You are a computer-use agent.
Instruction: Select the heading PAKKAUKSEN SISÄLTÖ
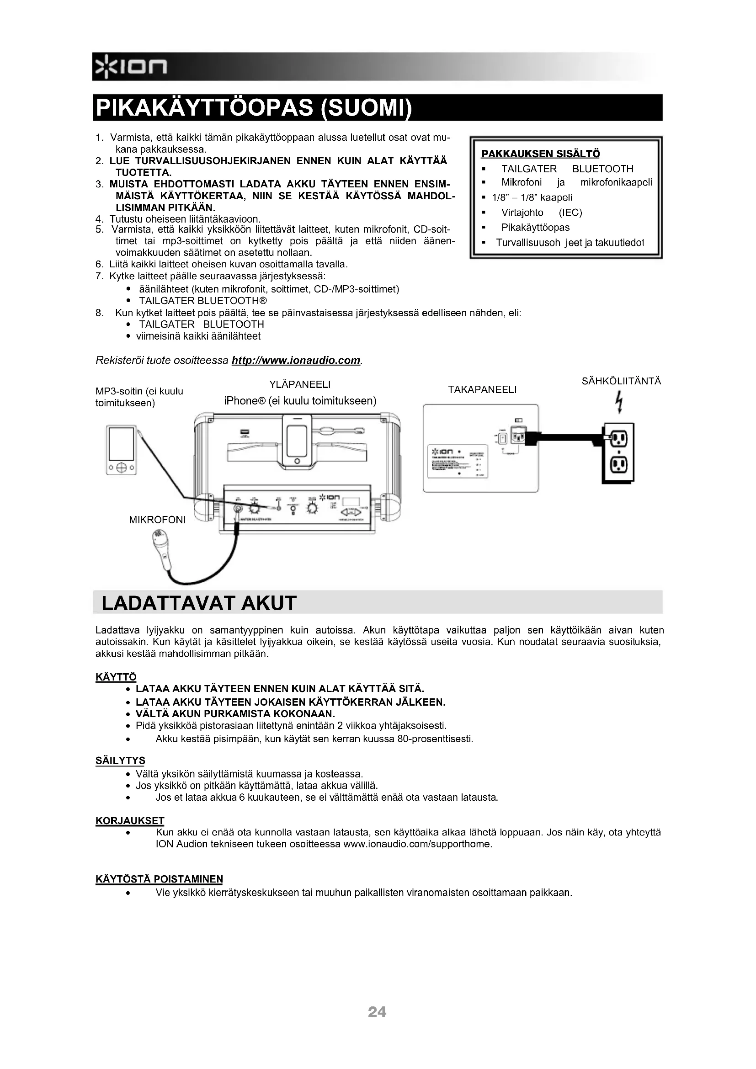(x=540, y=154)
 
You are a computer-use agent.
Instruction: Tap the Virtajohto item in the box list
(x=522, y=213)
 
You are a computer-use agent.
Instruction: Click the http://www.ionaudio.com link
(x=296, y=360)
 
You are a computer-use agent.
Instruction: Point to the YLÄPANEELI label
(x=300, y=384)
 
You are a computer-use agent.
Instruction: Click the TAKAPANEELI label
(x=482, y=390)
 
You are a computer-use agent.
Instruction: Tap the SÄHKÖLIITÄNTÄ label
(x=622, y=381)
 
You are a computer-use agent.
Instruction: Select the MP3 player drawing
(x=121, y=450)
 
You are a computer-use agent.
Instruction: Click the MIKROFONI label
(x=157, y=520)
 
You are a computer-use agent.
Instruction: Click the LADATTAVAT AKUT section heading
(x=199, y=603)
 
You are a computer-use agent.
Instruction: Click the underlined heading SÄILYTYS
(x=120, y=761)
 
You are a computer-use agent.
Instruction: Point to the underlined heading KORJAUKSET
(x=130, y=821)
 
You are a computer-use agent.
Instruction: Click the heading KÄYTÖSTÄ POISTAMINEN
(x=159, y=879)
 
